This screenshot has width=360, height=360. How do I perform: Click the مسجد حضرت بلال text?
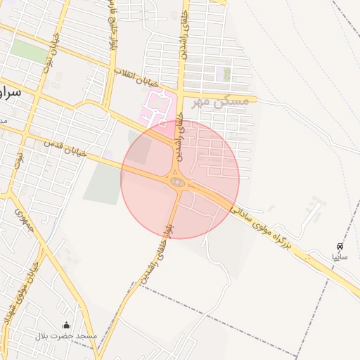pos(66,337)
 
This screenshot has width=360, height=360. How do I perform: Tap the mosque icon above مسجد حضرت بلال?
pos(67,325)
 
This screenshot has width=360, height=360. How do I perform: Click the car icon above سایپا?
pos(340,247)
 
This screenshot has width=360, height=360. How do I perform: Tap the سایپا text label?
pos(340,257)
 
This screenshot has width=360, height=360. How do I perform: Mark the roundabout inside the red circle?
pos(177,183)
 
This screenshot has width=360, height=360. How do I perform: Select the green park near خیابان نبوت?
pos(29,50)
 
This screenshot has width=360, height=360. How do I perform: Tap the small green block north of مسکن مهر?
pos(226,73)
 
